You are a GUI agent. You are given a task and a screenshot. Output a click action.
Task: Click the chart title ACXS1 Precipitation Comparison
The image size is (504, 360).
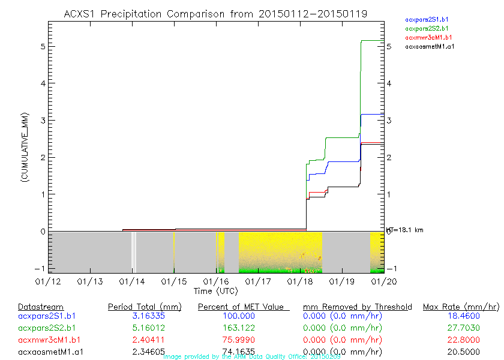[x=215, y=14]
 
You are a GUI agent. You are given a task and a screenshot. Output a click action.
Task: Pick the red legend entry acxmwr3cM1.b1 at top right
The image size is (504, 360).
[x=427, y=37]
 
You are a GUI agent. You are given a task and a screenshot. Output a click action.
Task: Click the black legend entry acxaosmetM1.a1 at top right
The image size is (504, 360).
[x=429, y=46]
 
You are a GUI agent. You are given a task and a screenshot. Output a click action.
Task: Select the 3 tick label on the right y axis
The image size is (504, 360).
[x=389, y=121]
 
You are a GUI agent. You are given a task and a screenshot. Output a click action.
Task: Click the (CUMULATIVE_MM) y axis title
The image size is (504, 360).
[x=25, y=146]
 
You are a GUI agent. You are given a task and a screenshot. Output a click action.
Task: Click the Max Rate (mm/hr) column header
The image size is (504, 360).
[x=461, y=307]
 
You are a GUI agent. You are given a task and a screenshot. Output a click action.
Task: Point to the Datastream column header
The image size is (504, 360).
[x=41, y=307]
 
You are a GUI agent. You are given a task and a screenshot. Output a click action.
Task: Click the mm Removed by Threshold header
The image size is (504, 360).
[x=357, y=307]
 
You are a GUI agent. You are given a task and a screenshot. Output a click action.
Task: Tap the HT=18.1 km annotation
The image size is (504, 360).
[x=404, y=230]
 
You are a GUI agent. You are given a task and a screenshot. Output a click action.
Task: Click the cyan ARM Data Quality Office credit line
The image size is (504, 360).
[x=252, y=356]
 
